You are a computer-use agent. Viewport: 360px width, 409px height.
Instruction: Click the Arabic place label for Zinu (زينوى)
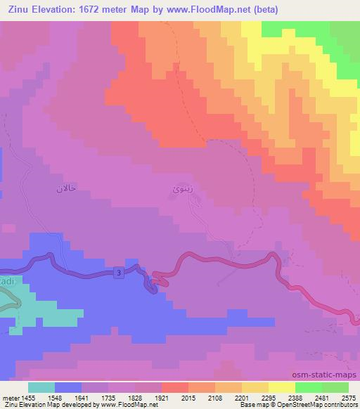tap(181, 190)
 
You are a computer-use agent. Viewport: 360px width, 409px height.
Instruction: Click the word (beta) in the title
tap(259, 10)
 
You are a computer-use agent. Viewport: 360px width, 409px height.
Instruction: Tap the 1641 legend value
tap(78, 397)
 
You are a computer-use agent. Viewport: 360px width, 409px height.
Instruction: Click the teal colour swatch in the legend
tap(41, 387)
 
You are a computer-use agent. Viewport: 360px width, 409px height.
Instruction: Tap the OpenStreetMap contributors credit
tap(323, 405)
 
